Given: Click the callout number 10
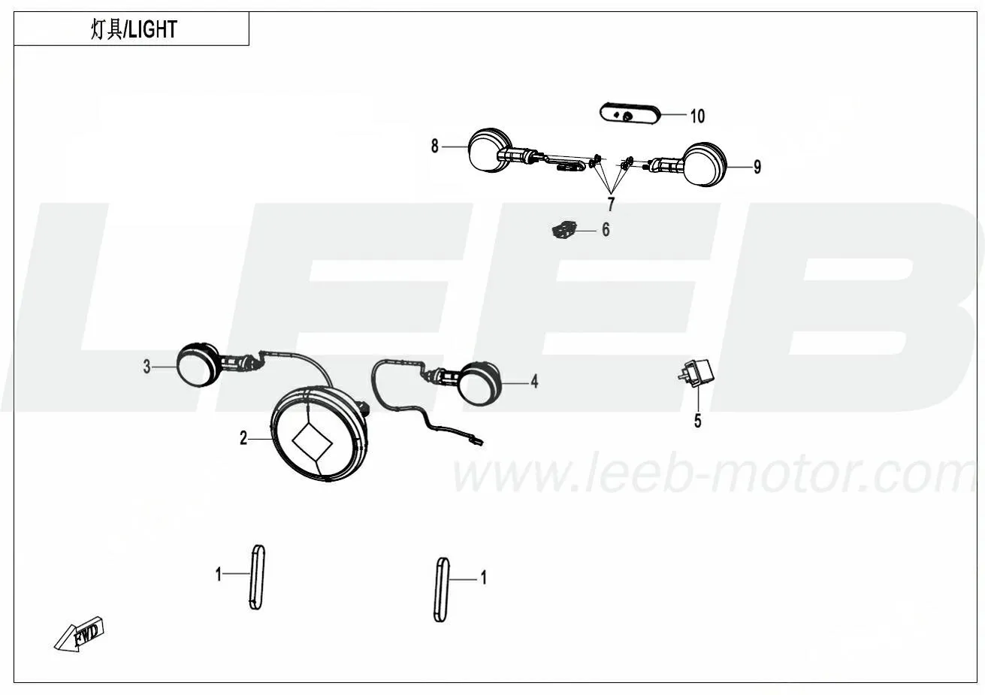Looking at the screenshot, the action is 697,116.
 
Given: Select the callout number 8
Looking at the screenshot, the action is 435,146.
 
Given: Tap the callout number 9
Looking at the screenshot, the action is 757,167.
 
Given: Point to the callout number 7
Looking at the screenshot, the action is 611,204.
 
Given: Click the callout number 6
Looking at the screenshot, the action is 606,230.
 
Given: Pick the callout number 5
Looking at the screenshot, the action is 698,421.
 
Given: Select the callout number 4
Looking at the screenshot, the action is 534,382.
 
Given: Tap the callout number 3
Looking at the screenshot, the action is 147,367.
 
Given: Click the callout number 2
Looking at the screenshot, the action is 243,438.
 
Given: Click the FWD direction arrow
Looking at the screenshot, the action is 80,634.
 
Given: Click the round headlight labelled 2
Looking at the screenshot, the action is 319,434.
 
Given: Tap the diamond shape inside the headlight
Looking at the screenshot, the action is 313,441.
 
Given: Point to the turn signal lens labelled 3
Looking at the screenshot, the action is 198,366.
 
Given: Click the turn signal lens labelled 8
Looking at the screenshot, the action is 489,150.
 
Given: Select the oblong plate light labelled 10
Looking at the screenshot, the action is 630,115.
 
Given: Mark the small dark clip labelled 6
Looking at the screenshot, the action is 564,230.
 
